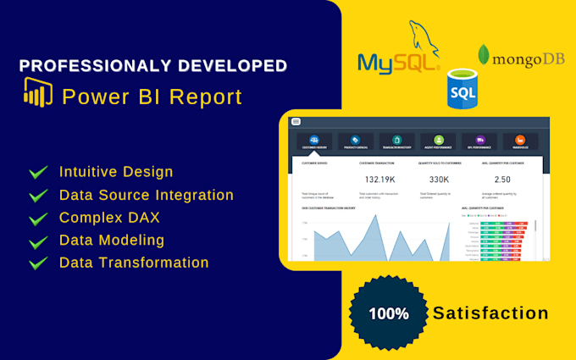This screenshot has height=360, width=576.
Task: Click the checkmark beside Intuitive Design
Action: click(38, 173)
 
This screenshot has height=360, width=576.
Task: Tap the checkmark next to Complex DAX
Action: click(38, 219)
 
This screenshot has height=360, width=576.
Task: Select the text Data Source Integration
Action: click(147, 195)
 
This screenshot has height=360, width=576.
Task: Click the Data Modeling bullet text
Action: click(112, 241)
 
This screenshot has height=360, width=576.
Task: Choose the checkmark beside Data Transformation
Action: click(38, 263)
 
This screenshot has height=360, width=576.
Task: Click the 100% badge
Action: click(389, 313)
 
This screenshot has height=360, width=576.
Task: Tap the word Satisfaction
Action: click(490, 313)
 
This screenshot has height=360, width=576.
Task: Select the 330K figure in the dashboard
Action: click(439, 180)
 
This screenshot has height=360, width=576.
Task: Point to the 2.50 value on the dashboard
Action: click(502, 180)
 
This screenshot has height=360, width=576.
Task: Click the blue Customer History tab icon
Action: click(314, 140)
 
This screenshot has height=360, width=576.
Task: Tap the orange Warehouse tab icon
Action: click(520, 140)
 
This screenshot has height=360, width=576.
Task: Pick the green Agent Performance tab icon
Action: click(438, 140)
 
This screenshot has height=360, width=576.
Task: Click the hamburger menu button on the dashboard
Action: click(296, 122)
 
